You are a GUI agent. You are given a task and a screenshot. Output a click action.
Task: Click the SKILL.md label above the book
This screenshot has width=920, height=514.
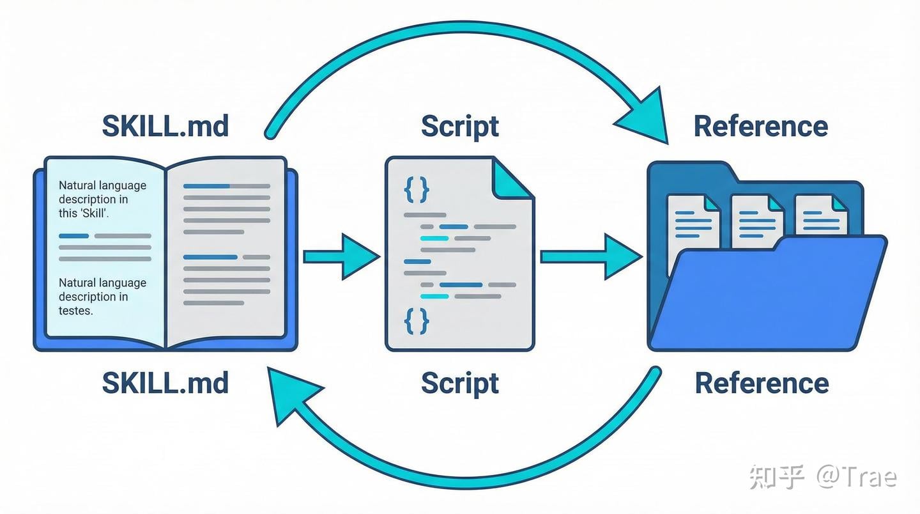[165, 126]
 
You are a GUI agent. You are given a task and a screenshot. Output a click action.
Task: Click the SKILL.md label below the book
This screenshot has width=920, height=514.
[165, 383]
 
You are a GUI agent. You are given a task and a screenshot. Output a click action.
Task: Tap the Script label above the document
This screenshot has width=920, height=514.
[460, 126]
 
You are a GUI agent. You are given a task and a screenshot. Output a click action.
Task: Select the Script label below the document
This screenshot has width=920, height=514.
[460, 383]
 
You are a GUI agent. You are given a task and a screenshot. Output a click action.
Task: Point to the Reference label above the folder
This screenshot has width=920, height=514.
[761, 126]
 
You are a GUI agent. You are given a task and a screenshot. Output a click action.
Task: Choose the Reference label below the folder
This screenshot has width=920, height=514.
[762, 383]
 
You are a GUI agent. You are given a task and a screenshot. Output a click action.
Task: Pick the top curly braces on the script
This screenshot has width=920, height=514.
[417, 190]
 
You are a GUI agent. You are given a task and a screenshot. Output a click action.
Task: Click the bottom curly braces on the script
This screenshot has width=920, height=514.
[417, 321]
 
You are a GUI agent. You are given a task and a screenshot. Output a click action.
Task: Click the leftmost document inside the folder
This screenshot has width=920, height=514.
[693, 221]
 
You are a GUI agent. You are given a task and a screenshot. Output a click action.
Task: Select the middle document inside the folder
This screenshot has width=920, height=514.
[757, 221]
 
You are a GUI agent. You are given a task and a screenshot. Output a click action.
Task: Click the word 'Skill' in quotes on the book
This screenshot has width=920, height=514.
[94, 214]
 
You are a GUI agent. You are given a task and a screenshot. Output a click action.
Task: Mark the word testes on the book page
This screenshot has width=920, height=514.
[76, 311]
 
